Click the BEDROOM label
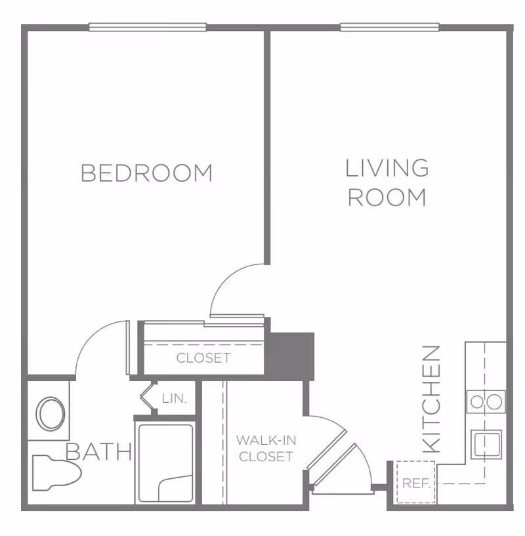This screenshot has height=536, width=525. click(146, 173)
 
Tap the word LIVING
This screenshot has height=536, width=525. click(387, 169)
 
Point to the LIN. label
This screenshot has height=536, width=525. click(175, 398)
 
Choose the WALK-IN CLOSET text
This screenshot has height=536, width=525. click(266, 448)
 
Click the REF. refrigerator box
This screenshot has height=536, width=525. click(416, 484)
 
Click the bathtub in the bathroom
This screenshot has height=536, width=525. click(165, 463)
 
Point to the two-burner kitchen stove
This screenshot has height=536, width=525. click(486, 401)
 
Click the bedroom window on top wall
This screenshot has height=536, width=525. click(148, 27)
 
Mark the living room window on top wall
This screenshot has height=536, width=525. click(390, 27)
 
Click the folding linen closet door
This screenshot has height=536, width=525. click(148, 398)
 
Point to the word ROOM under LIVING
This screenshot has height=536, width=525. click(387, 197)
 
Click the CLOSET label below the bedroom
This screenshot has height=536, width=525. click(203, 358)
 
